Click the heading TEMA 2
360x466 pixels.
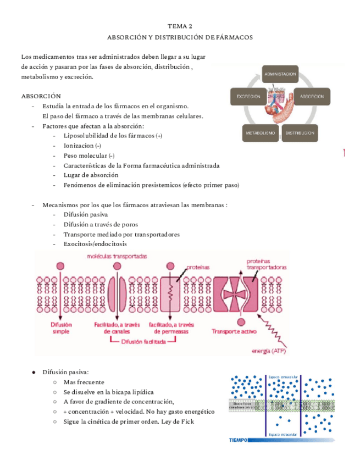click(180, 26)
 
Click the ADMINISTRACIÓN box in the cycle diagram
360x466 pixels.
click(280, 73)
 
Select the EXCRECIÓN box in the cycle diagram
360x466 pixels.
click(248, 97)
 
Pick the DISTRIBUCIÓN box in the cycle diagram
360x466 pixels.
click(300, 133)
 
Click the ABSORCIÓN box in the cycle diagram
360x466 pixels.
click(312, 97)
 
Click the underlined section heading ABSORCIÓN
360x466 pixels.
click(41, 96)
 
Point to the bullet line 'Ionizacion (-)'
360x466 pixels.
click(82, 145)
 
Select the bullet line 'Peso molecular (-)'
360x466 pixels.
click(89, 156)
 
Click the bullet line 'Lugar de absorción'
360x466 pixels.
click(91, 175)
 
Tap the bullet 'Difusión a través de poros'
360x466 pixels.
click(101, 224)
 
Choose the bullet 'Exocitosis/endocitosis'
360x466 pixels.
click(95, 243)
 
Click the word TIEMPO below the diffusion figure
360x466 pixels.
click(238, 440)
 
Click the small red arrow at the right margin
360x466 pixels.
click(344, 152)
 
